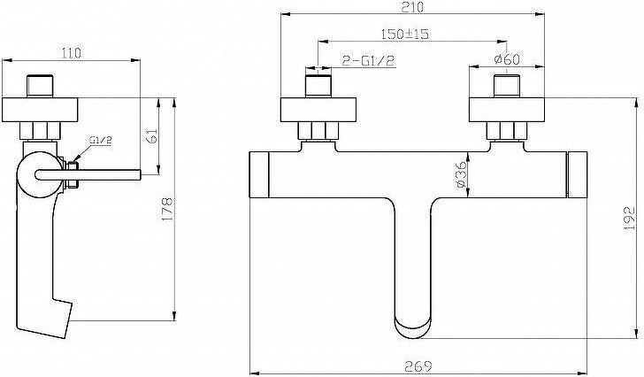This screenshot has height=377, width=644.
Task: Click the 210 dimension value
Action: pyautogui.click(x=412, y=7)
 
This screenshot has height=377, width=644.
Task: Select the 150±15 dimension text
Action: pyautogui.click(x=405, y=34)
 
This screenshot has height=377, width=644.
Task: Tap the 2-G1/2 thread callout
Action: pyautogui.click(x=368, y=61)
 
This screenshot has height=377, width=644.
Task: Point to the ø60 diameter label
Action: pyautogui.click(x=507, y=59)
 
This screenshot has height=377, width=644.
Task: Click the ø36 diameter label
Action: pyautogui.click(x=462, y=175)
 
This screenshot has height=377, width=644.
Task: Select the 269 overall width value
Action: pyautogui.click(x=418, y=365)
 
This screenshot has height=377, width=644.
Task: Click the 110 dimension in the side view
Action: pyautogui.click(x=71, y=53)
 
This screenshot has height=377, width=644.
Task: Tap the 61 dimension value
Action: pyautogui.click(x=152, y=136)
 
